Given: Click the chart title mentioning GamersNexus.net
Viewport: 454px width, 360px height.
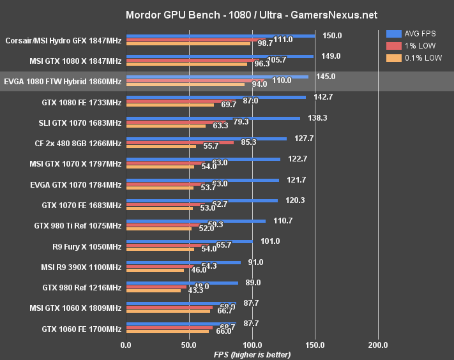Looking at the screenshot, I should pyautogui.click(x=227, y=14).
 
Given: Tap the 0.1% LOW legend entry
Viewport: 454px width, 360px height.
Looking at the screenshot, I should pyautogui.click(x=414, y=57).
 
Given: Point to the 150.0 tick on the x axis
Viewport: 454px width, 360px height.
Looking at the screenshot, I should pyautogui.click(x=315, y=345).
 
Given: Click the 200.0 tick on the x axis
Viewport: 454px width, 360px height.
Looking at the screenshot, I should pyautogui.click(x=378, y=345).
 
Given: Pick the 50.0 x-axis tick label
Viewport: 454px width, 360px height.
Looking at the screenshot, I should pyautogui.click(x=189, y=345).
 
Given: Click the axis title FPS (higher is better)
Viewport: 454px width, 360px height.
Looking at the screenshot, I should pyautogui.click(x=252, y=354).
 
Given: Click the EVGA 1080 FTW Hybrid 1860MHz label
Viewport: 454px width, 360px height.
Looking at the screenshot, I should pyautogui.click(x=63, y=82).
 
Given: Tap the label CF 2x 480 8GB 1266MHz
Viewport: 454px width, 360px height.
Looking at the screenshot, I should pyautogui.click(x=76, y=144).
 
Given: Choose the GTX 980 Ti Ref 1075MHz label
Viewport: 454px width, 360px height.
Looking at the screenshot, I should pyautogui.click(x=77, y=225).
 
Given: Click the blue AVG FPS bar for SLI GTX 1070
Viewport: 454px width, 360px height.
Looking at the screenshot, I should pyautogui.click(x=213, y=118).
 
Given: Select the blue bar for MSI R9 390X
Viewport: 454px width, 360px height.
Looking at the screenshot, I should pyautogui.click(x=183, y=262).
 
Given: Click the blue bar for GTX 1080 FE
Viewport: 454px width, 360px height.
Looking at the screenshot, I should pyautogui.click(x=216, y=98).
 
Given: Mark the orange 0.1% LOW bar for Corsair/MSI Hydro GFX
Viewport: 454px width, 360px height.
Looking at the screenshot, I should pyautogui.click(x=188, y=43).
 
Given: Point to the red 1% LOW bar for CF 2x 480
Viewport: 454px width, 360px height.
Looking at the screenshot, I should pyautogui.click(x=180, y=142).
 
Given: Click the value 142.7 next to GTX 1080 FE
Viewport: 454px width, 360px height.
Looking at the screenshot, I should pyautogui.click(x=319, y=96).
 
